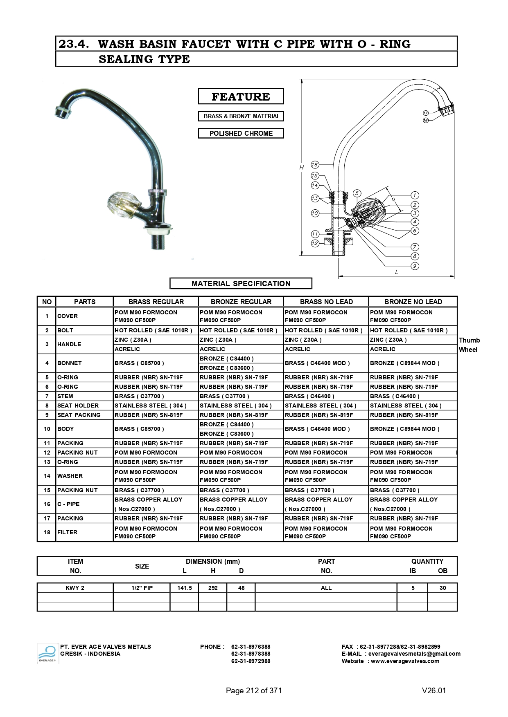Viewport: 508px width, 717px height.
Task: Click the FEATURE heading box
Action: tap(241, 96)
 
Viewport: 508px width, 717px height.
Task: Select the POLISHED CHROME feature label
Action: tap(241, 133)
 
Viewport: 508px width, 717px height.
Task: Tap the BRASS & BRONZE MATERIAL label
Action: tap(241, 116)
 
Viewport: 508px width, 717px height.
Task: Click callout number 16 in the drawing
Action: tap(314, 165)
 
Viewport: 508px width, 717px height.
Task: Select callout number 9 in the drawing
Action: tap(415, 266)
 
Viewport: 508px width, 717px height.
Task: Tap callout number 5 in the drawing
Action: tap(357, 193)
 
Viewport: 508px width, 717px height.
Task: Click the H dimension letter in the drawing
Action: tap(302, 167)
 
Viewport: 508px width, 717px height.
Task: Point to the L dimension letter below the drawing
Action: tap(396, 272)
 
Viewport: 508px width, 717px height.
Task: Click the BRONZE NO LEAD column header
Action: tap(413, 302)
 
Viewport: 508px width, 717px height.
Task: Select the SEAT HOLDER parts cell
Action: tap(78, 406)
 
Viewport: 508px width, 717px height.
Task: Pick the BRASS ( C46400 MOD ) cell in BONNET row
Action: tap(318, 363)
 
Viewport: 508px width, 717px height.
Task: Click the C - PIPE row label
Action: tap(69, 504)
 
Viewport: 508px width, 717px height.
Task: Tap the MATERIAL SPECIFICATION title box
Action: tap(241, 283)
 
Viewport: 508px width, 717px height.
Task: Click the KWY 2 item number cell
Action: tap(75, 588)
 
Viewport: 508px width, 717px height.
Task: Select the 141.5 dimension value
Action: tap(184, 588)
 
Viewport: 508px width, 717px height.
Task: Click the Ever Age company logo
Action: tap(48, 654)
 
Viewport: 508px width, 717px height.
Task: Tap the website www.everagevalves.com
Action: tap(405, 661)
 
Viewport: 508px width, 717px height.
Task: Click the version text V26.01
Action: tap(433, 690)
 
